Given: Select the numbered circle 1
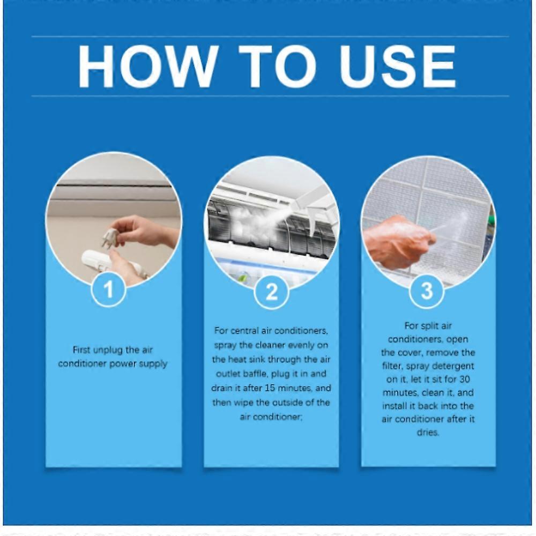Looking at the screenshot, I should click(109, 291).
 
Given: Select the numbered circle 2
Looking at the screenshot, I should click(272, 292).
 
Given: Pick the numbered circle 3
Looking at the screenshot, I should click(427, 291).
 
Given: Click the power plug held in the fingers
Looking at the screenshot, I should click(110, 237).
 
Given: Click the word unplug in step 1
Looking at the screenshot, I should click(108, 350).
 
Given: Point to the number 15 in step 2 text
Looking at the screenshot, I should click(287, 388).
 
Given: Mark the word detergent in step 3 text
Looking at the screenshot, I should click(452, 366).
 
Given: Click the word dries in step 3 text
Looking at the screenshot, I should click(428, 433).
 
